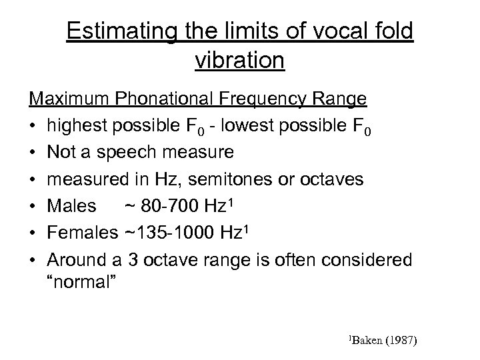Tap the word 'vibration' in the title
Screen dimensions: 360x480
pyautogui.click(x=240, y=61)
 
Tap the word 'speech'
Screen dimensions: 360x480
pyautogui.click(x=123, y=153)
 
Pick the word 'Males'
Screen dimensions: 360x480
pyautogui.click(x=71, y=206)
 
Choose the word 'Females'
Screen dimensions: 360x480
pyautogui.click(x=83, y=233)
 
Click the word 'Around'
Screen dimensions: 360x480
pyautogui.click(x=79, y=259)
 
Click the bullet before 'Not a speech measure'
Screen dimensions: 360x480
pyautogui.click(x=33, y=153)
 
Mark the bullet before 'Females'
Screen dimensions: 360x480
pyautogui.click(x=33, y=233)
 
